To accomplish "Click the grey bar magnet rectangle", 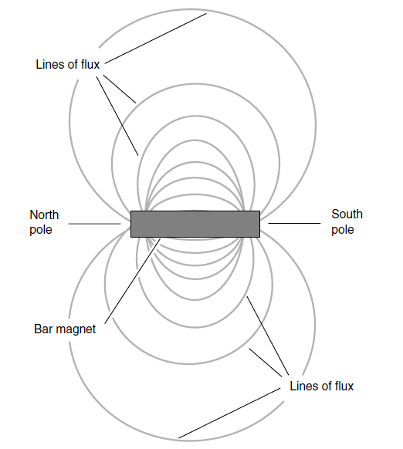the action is tap(195, 224).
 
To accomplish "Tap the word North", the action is tap(44, 214).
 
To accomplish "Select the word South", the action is tap(347, 214).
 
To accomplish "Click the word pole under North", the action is tap(41, 230).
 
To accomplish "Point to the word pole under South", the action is tap(343, 230).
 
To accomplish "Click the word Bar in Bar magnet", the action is tap(43, 329).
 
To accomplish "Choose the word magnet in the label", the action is tap(76, 329).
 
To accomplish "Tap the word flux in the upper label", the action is tap(90, 65).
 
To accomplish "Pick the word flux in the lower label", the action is tap(344, 386).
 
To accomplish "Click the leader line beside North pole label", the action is tap(95, 224).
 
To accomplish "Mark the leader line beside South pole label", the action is tap(294, 223).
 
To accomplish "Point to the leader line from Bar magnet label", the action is tap(133, 281).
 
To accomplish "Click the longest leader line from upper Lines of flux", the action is tap(156, 39).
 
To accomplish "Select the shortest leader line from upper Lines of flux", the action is tap(120, 89).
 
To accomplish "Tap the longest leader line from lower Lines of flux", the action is tap(229, 414).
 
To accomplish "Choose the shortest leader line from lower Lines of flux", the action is tap(266, 363).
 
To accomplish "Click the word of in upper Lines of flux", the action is tap(73, 65).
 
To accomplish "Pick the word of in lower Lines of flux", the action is tap(327, 386).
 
